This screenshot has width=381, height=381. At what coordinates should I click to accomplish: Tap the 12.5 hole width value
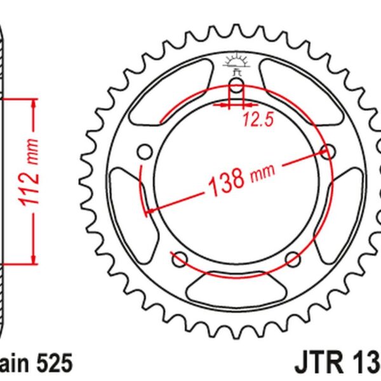click(252, 119)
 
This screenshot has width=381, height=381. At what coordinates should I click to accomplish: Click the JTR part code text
click(337, 363)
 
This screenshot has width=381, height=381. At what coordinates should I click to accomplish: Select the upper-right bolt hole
click(329, 152)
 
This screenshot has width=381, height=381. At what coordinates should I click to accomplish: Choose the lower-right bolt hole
click(293, 258)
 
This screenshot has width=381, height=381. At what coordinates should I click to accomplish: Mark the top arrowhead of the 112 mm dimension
click(32, 104)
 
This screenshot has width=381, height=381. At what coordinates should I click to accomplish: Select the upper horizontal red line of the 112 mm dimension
click(19, 98)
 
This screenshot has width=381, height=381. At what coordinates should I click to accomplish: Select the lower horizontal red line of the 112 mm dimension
click(19, 262)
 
